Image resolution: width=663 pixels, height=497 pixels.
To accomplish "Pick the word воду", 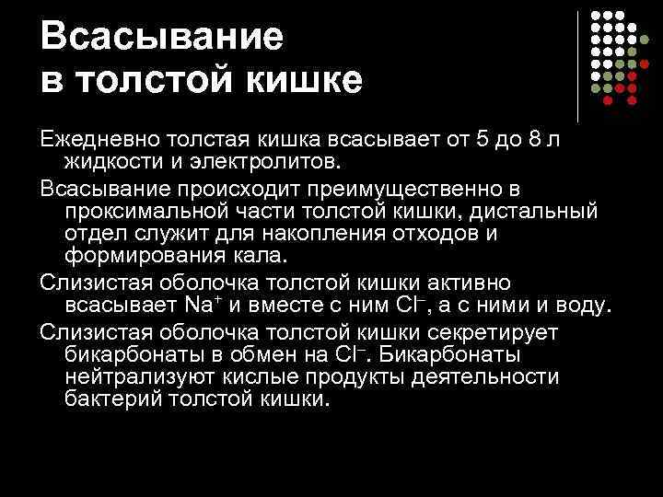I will coord(585,305).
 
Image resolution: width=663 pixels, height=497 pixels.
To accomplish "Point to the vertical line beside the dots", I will coord(577,66).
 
